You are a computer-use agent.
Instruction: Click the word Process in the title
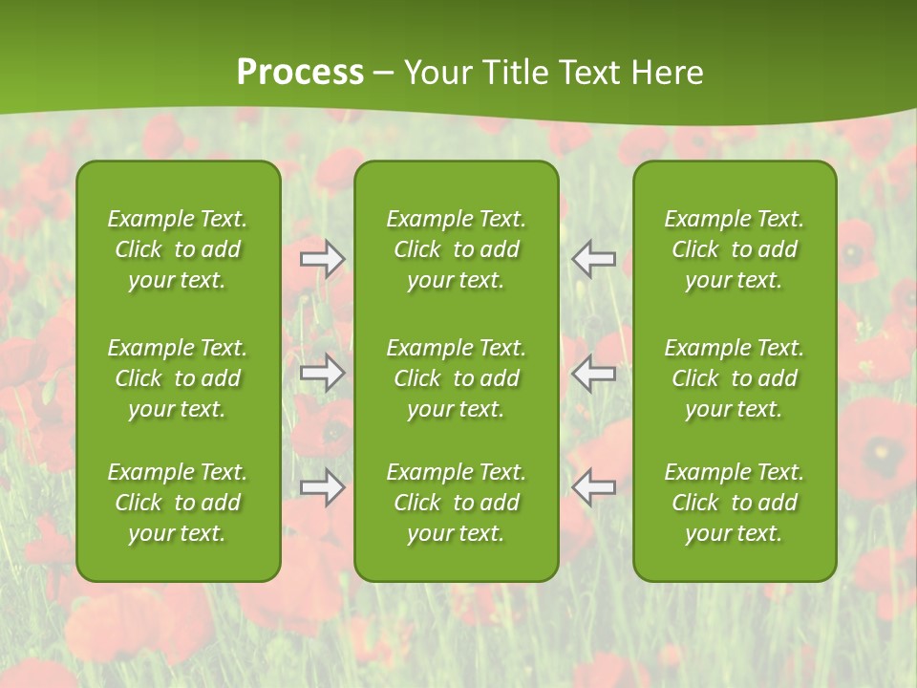click(x=300, y=73)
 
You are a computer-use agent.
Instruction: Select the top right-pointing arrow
click(x=322, y=259)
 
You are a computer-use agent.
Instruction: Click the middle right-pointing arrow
click(x=322, y=373)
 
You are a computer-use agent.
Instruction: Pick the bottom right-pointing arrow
click(x=322, y=486)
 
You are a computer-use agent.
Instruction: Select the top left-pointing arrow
click(x=593, y=259)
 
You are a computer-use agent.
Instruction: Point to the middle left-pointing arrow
click(x=593, y=373)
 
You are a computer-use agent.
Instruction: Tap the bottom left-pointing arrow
click(x=593, y=486)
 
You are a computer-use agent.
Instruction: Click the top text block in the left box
click(x=178, y=249)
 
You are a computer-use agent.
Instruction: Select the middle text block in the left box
click(x=178, y=378)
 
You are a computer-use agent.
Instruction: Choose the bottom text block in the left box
click(x=178, y=503)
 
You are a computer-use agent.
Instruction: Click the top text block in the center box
click(x=456, y=249)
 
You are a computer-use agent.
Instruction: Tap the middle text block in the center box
click(x=456, y=378)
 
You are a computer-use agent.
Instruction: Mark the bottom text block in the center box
click(x=456, y=503)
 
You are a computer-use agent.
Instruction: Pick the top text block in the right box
click(x=734, y=249)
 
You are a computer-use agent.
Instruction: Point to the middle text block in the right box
click(x=734, y=378)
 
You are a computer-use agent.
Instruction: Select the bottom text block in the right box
click(x=734, y=503)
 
